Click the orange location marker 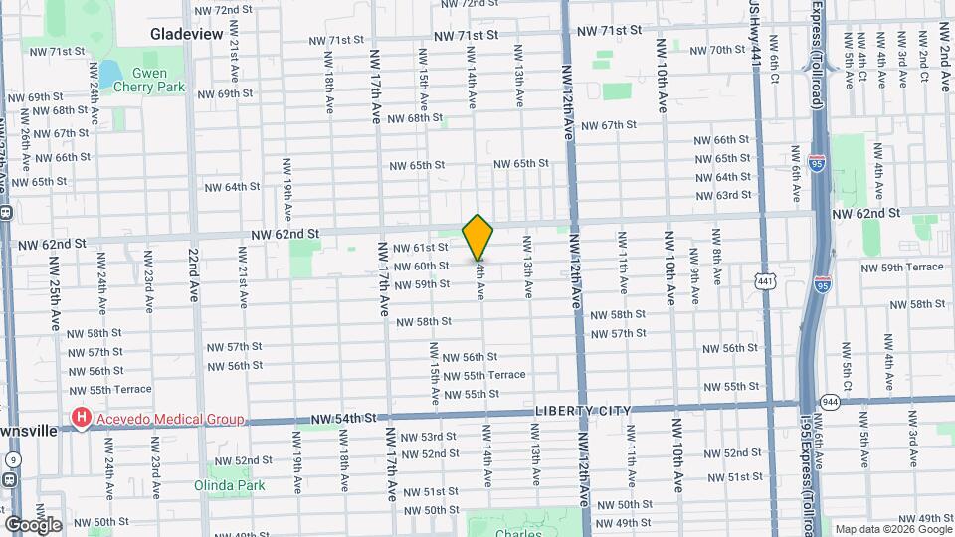point(478,237)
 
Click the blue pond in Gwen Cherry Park point(109,74)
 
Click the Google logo point(33,524)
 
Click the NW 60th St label point(421,266)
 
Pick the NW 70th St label point(709,50)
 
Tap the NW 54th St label point(343,418)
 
